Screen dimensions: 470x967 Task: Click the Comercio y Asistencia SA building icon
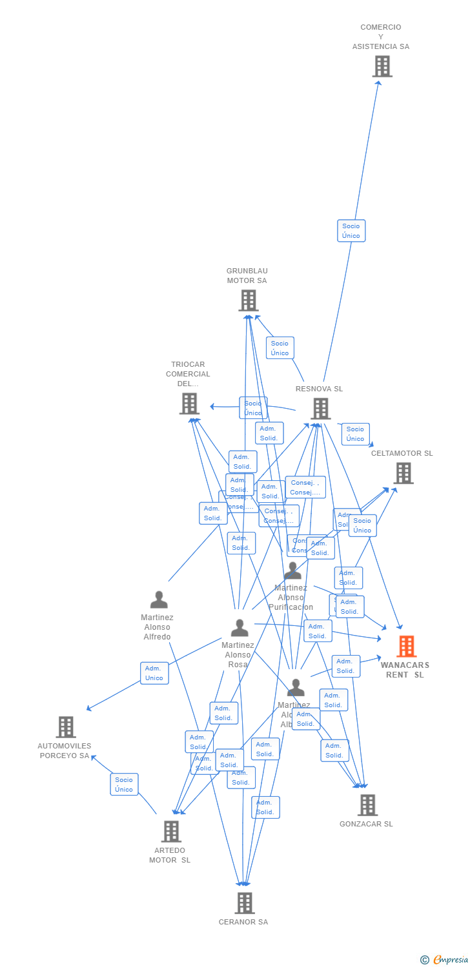coord(382,66)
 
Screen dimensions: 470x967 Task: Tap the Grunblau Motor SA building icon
coord(249,300)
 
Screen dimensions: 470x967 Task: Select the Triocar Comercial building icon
coord(189,404)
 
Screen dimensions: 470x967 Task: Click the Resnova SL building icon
coord(321,409)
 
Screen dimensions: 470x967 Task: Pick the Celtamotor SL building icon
coord(404,473)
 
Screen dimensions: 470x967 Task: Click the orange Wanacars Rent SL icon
coord(407,646)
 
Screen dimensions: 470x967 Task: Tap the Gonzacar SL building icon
coord(367,805)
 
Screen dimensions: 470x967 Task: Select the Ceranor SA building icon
coord(244,903)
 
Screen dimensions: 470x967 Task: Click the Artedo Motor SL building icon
coord(171,832)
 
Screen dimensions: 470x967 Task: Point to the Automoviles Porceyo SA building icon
coord(66,727)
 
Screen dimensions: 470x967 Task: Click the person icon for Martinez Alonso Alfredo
coord(159,600)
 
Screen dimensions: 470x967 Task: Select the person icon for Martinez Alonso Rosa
coord(240,628)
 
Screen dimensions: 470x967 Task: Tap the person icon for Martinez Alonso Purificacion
coord(293,571)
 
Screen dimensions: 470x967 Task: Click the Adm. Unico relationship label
coord(154,673)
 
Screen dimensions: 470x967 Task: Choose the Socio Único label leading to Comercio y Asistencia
coord(351,231)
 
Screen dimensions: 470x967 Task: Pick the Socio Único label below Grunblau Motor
coord(280,348)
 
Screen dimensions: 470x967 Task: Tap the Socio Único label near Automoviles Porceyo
coord(124,785)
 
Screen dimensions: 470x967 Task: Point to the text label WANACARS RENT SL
coord(405,670)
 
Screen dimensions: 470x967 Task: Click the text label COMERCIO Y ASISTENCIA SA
coord(381,37)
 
